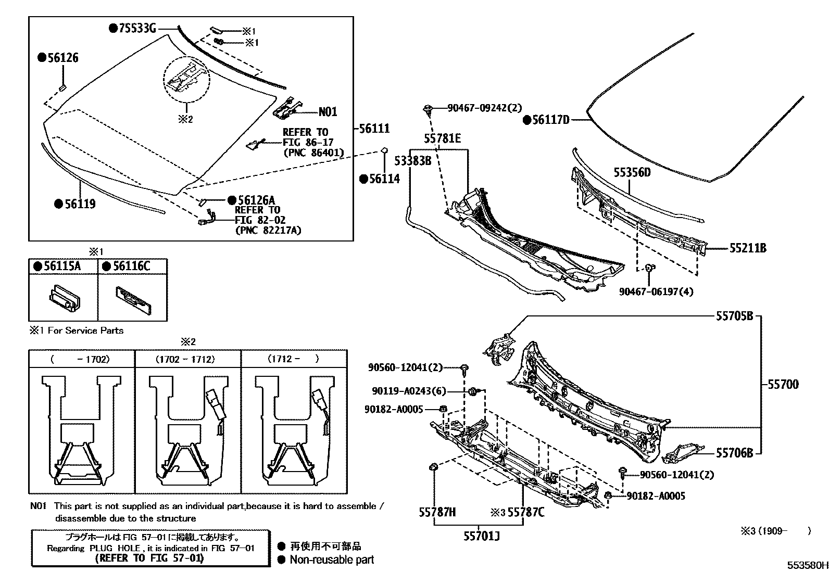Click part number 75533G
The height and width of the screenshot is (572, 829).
(137, 28)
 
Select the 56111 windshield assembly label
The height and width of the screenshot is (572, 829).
(374, 128)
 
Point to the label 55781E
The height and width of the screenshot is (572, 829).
(442, 138)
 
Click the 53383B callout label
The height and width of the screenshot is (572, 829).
(412, 161)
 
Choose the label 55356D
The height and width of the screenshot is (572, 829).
(632, 172)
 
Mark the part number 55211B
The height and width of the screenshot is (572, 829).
(747, 248)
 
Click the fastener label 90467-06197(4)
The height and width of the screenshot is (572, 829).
(656, 291)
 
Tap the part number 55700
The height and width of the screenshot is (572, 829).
(783, 385)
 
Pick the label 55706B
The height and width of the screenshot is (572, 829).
(734, 453)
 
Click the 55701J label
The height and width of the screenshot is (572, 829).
(482, 535)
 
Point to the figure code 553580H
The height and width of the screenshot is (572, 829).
(807, 565)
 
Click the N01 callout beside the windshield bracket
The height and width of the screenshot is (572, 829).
(328, 111)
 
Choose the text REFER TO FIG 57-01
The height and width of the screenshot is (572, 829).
(149, 558)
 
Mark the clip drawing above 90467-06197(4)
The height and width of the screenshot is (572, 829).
(649, 268)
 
